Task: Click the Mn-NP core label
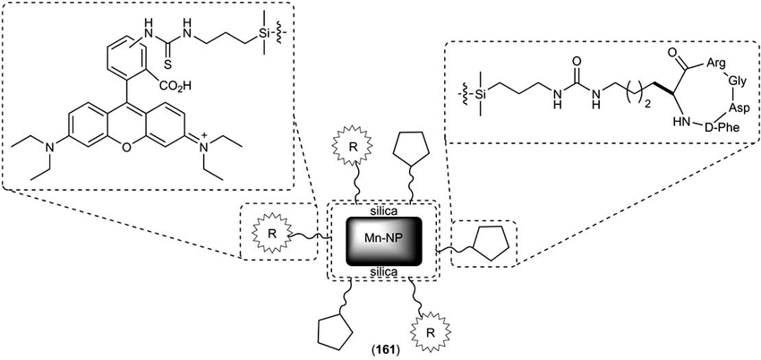point(383,240)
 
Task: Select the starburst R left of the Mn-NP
point(269,234)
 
